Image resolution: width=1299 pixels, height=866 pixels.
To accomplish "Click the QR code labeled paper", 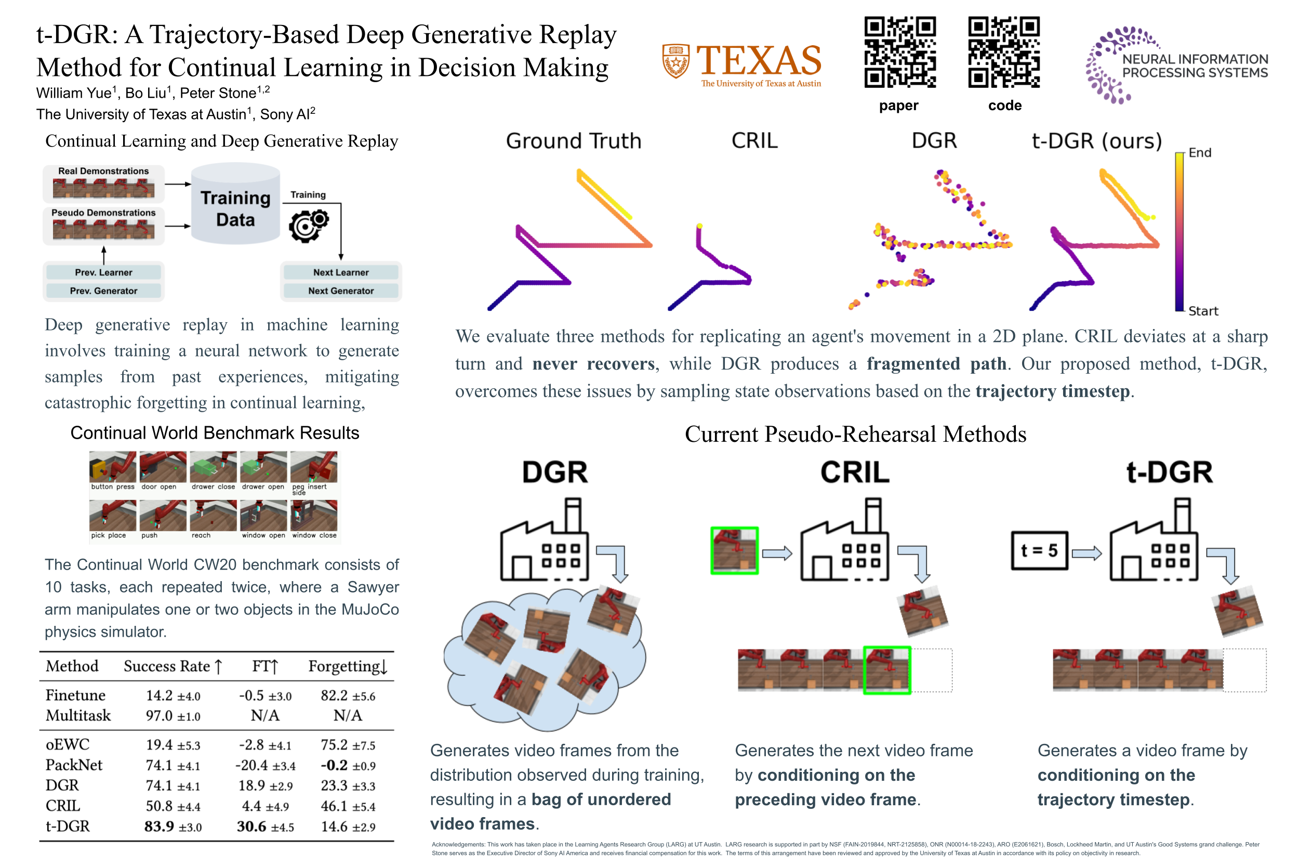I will coord(899,52).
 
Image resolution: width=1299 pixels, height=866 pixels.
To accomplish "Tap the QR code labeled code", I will coord(1003,52).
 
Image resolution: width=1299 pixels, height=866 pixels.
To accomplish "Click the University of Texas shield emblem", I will coord(675,61).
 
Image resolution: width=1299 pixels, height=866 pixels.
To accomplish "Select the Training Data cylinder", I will coord(235,204).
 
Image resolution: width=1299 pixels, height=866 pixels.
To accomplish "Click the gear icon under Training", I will coord(308,226).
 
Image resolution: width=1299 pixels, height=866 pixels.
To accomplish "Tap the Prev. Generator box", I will coord(103,291).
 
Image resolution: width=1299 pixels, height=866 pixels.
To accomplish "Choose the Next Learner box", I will coord(341,272).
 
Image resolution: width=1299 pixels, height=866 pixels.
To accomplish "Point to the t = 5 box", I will coord(1039,550).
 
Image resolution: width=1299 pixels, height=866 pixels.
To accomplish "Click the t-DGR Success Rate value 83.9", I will coord(159,826).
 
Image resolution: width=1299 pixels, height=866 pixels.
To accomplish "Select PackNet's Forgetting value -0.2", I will coord(334,765).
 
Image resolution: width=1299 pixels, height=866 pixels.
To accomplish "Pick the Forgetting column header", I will coord(347,666).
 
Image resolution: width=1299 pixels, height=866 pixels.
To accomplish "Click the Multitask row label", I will coord(78,715).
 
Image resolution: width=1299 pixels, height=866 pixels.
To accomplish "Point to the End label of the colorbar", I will coord(1199,152).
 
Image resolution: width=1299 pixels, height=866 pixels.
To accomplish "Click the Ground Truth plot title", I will coord(573,141).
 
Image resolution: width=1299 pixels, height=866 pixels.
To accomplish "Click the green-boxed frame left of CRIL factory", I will coord(734,550).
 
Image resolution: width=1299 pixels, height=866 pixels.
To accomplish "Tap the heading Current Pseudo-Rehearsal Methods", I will coord(855,434).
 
